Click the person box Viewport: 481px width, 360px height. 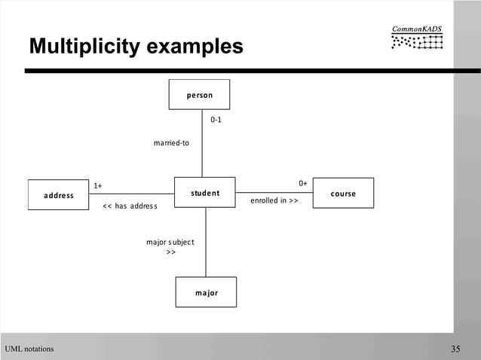199,95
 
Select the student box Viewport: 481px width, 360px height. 205,193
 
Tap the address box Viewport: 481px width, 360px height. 58,195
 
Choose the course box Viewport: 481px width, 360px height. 343,193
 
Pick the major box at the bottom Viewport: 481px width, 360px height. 206,292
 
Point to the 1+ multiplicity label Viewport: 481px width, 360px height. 98,185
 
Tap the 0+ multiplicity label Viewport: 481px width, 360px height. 302,183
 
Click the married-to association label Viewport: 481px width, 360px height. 171,143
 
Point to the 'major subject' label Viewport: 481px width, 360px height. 170,242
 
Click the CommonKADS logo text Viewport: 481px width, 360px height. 417,29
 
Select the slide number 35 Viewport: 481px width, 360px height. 455,348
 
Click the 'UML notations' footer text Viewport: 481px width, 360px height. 29,349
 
